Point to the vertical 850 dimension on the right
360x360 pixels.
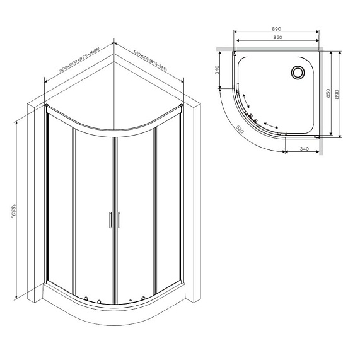327,93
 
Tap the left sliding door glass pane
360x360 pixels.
93,214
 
